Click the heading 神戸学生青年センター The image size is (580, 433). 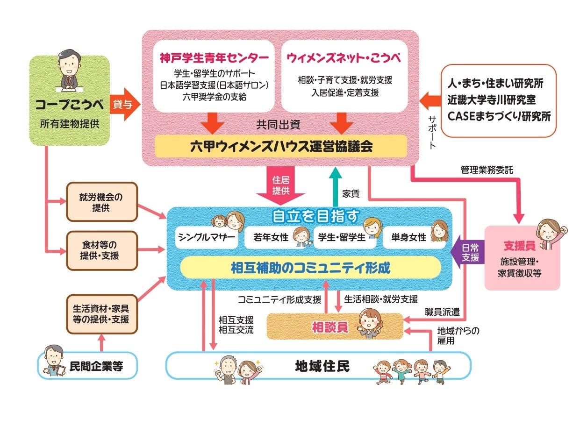coord(214,58)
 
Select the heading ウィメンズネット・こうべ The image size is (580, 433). coord(344,58)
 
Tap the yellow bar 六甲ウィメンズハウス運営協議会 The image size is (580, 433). coord(281,146)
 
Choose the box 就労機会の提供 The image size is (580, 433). coord(101,202)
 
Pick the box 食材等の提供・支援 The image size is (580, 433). coord(101,250)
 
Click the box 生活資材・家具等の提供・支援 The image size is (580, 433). coord(101,314)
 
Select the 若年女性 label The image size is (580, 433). coord(271,237)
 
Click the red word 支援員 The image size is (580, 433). coord(516,246)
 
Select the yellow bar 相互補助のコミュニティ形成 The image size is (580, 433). coord(310,268)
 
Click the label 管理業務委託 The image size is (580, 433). coord(487,170)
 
